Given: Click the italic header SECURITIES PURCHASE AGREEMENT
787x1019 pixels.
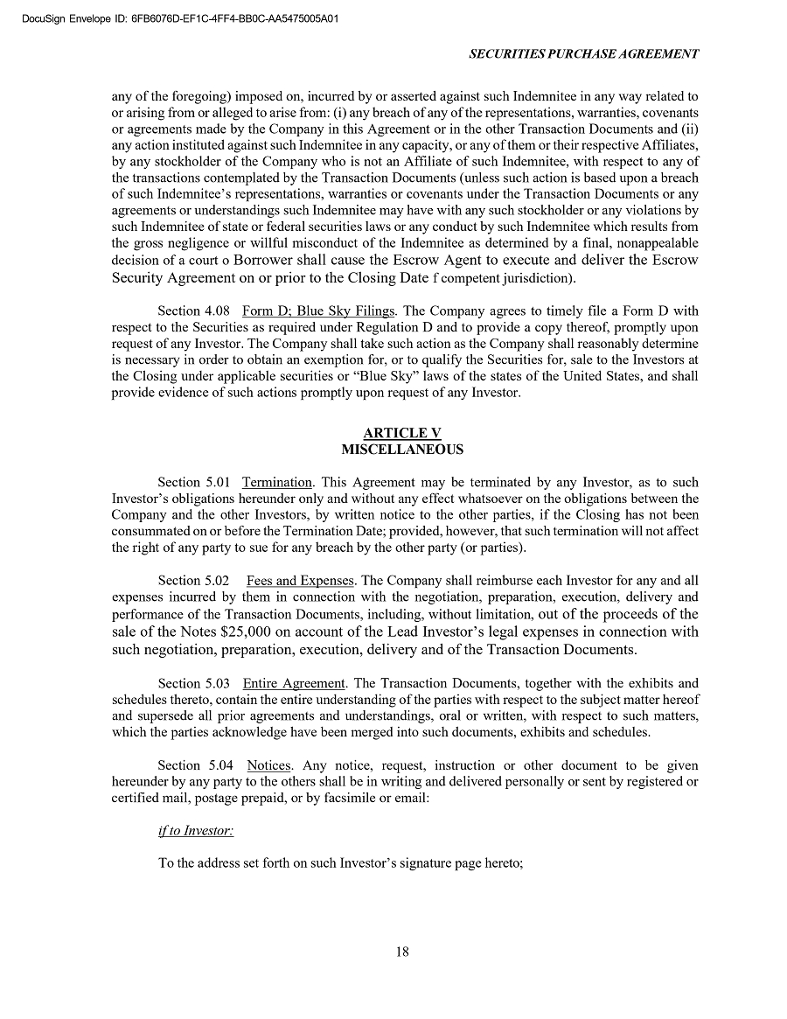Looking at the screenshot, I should coord(583,53).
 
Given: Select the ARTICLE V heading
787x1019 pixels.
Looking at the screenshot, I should coord(402,434).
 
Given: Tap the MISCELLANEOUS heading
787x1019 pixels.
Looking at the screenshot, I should coord(402,450).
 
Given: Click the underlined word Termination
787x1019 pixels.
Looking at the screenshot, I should coord(276,482).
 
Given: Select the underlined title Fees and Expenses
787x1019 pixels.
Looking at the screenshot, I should coord(300,581).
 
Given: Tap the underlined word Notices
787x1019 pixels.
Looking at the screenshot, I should coord(268,765).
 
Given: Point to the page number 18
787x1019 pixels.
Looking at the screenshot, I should coord(402,953).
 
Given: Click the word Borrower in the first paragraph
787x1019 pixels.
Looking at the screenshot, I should coord(267,261).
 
